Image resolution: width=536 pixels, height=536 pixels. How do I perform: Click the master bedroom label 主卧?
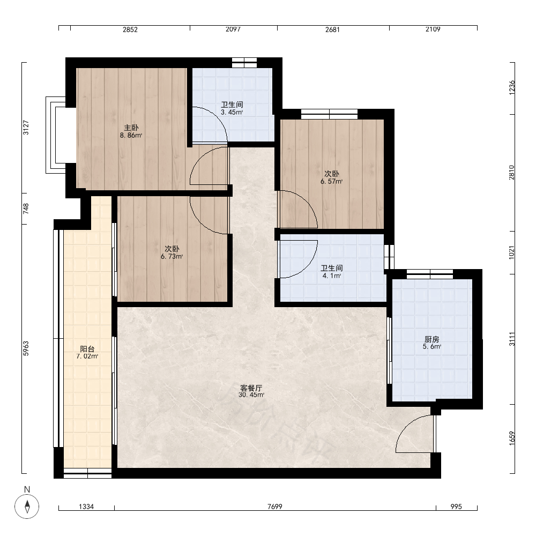[x=131, y=128]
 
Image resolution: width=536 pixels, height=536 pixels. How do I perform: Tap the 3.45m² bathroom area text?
[x=232, y=112]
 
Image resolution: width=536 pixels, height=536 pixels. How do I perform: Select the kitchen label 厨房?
[x=431, y=339]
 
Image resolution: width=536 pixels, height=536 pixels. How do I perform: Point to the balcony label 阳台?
[x=87, y=349]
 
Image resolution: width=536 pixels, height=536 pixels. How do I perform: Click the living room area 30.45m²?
[x=251, y=395]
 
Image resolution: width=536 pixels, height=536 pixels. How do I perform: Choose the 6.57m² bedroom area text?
[x=332, y=182]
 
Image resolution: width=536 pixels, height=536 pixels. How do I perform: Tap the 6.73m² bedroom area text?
[x=172, y=256]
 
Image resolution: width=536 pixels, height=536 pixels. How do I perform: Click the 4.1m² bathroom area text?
[x=332, y=276]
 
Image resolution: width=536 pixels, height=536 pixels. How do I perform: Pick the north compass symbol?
[x=27, y=506]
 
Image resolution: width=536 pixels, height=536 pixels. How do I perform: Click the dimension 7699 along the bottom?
[x=275, y=507]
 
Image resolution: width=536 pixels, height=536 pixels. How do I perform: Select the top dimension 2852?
[x=130, y=29]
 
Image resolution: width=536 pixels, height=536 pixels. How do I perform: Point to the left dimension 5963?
[x=26, y=349]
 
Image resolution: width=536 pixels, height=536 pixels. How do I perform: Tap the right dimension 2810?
[x=511, y=172]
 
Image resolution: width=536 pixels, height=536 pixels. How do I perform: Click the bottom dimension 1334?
[x=86, y=507]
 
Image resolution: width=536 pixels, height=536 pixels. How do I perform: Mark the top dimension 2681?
[x=332, y=29]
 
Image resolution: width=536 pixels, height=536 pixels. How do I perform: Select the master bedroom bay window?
[x=56, y=135]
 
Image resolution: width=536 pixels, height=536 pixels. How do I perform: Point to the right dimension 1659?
[x=511, y=438]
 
